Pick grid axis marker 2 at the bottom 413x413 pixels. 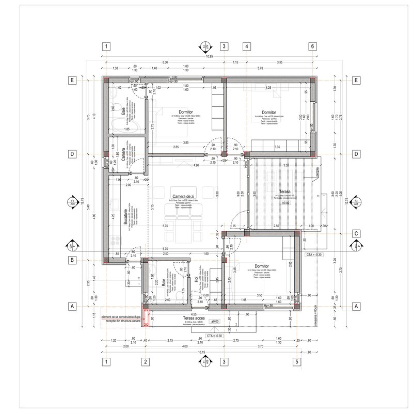click(x=146, y=361)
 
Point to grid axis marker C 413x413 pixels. click(x=356, y=233)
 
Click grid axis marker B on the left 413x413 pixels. click(x=73, y=260)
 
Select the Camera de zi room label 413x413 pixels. click(x=183, y=197)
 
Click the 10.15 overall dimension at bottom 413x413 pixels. click(x=201, y=353)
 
